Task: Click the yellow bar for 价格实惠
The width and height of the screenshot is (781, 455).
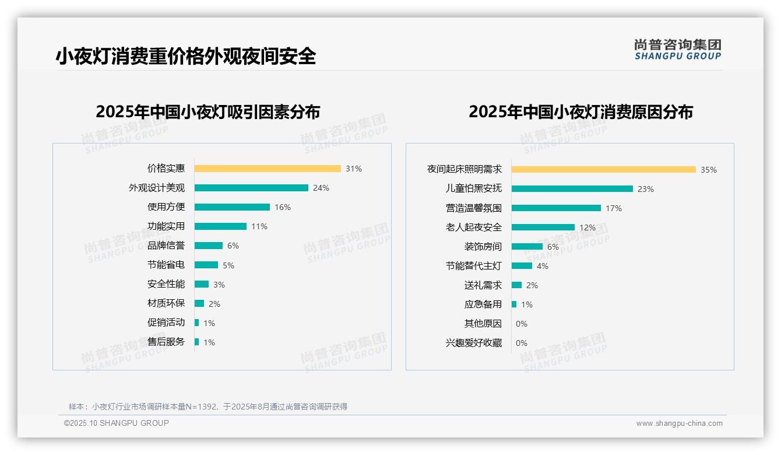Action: pos(268,169)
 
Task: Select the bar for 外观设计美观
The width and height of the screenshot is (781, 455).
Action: pos(251,188)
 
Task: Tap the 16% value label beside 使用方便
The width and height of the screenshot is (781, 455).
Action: pos(283,207)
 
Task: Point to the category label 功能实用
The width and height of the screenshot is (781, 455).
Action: pos(166,226)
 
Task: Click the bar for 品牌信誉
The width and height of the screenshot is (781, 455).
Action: pos(209,246)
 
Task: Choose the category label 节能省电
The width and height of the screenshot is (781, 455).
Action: pos(166,265)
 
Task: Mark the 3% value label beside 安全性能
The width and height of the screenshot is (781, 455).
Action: pos(219,285)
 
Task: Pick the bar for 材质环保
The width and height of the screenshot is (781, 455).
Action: pos(199,303)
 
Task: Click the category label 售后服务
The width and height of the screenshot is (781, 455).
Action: pos(166,342)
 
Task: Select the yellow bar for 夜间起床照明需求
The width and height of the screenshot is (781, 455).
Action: pos(604,170)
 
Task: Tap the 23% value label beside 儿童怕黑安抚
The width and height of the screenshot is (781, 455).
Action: pos(646,189)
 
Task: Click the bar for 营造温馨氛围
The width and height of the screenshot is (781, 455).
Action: pos(556,208)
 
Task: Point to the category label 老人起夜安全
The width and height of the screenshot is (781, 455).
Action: pos(474,228)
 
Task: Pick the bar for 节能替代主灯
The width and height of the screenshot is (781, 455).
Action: pos(522,266)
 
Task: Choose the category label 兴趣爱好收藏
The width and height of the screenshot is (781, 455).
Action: pos(474,343)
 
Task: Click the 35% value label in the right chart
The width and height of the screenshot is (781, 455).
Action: pos(709,170)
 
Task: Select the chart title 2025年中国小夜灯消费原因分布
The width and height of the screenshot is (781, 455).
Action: pos(581,112)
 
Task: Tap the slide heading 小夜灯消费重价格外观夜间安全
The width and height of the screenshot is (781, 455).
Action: pos(186,56)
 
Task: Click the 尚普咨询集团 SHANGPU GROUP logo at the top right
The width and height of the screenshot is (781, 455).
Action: pos(678,50)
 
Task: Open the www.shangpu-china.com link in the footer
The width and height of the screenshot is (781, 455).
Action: pos(679,423)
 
